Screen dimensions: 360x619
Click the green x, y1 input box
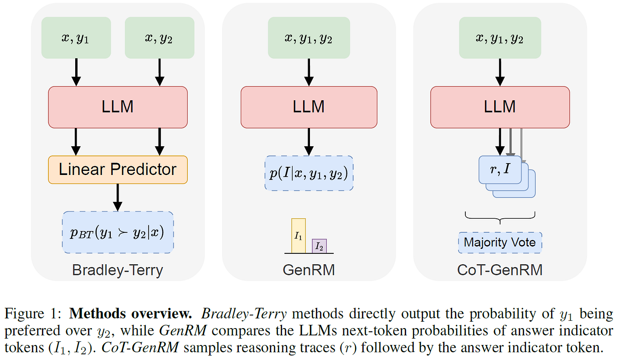(x=76, y=38)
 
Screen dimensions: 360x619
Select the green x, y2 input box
(x=159, y=38)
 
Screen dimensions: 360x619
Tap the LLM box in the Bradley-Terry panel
(x=118, y=107)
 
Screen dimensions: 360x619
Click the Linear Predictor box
(x=118, y=170)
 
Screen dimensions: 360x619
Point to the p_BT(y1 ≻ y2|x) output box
(x=118, y=232)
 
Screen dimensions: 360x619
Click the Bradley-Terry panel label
(x=118, y=270)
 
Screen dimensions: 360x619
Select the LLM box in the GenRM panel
(x=309, y=107)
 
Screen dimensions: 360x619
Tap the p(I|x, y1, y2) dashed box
(x=309, y=173)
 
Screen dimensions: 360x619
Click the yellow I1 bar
(x=298, y=236)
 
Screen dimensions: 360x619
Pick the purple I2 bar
(x=319, y=246)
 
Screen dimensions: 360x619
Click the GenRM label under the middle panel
(x=309, y=270)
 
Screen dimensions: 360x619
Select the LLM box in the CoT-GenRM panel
(x=500, y=107)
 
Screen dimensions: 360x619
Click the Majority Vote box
(x=500, y=242)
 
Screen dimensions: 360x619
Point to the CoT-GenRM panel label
(x=500, y=270)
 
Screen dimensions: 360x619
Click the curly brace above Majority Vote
(x=500, y=218)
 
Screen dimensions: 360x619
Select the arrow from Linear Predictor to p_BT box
(x=118, y=197)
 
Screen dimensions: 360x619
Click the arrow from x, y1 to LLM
(x=76, y=72)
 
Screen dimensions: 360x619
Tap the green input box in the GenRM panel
(x=309, y=38)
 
